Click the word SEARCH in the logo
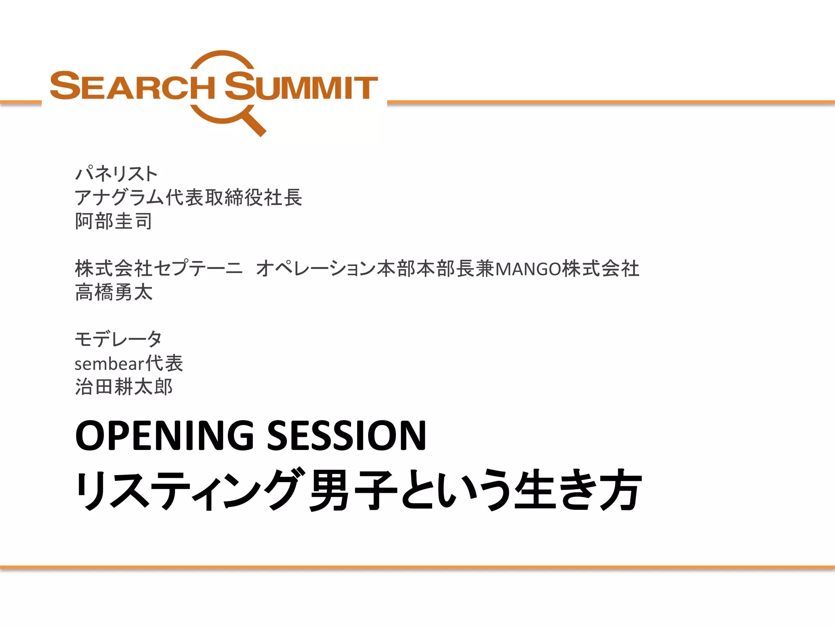(x=133, y=86)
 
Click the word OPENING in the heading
(x=165, y=435)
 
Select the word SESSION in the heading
(x=347, y=435)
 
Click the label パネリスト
(x=116, y=174)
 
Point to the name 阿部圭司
(x=114, y=221)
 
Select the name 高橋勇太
(x=114, y=292)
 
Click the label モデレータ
(x=118, y=339)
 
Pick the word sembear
(x=110, y=364)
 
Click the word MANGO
(x=528, y=269)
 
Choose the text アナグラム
(x=120, y=198)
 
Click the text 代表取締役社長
(x=234, y=198)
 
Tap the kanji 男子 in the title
(x=353, y=490)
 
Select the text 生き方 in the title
(x=578, y=490)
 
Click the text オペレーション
(x=316, y=269)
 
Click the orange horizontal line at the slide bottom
(x=417, y=567)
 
